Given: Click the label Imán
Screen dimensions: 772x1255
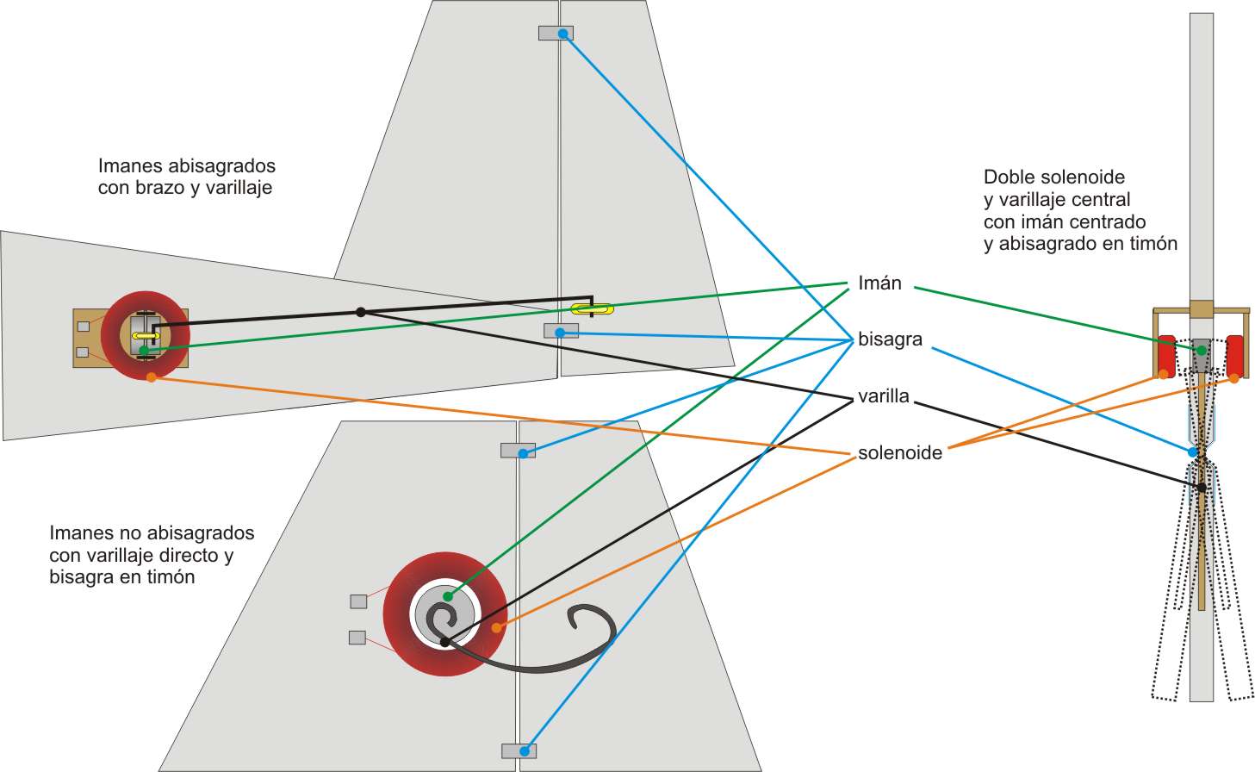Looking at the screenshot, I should click(879, 283).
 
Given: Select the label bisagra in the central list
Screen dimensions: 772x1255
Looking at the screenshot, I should click(890, 339).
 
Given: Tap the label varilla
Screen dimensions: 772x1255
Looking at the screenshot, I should click(883, 396).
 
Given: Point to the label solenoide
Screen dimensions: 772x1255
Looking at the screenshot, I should click(899, 453).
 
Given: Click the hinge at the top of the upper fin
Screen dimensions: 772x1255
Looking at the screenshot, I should click(556, 34).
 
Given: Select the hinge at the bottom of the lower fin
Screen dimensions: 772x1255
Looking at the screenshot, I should click(519, 750).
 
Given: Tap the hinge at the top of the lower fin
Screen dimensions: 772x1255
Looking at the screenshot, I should click(518, 451).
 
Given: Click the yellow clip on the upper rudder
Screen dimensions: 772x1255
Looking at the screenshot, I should click(592, 308).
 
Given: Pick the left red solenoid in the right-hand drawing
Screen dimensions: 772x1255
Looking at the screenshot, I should click(1167, 354).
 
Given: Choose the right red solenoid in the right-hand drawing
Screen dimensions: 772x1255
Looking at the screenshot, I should click(1234, 354).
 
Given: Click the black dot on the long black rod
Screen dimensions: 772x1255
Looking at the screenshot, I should click(361, 312).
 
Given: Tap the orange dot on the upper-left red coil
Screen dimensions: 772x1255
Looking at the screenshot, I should click(151, 377).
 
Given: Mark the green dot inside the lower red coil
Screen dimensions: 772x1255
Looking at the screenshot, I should click(447, 596).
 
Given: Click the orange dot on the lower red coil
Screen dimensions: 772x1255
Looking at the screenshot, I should click(496, 628).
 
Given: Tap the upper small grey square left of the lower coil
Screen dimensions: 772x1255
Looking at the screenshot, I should click(358, 601).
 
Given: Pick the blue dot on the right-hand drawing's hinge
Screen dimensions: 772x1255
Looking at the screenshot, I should click(1193, 451).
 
